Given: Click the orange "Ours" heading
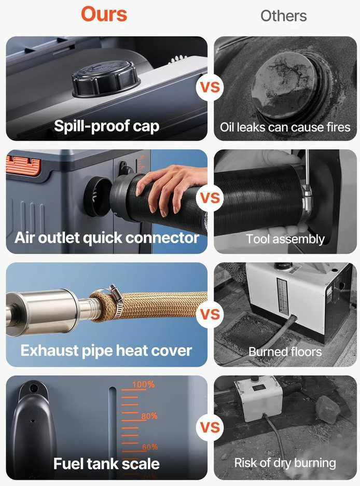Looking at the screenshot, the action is click(x=104, y=15).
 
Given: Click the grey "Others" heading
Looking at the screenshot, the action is click(x=283, y=16).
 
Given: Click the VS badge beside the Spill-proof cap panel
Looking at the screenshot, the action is click(x=210, y=87).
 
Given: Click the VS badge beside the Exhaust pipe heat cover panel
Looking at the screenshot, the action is click(x=210, y=314).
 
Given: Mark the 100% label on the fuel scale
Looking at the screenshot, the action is click(x=143, y=385).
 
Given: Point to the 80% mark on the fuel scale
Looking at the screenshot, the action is click(x=149, y=416).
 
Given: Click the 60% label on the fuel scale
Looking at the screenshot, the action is click(x=150, y=447).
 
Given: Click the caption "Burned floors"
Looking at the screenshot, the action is click(x=285, y=352).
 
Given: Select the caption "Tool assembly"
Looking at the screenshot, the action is click(x=285, y=239).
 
